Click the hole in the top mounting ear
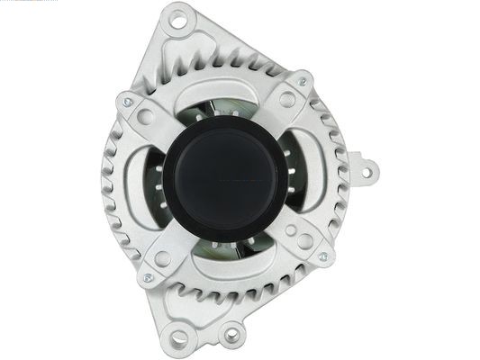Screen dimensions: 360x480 177,16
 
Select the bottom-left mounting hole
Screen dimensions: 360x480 178,337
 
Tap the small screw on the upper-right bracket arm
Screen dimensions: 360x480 302,82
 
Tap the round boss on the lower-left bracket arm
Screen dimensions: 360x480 163,257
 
